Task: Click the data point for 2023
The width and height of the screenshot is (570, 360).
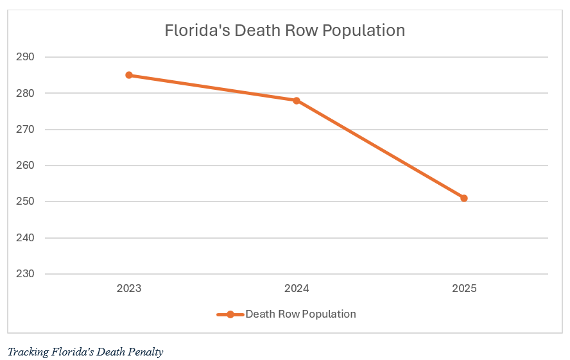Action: pyautogui.click(x=129, y=75)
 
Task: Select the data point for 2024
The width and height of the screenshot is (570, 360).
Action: pyautogui.click(x=297, y=101)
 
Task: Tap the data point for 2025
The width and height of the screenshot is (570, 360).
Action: pyautogui.click(x=464, y=198)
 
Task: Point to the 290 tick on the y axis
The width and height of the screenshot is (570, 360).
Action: pyautogui.click(x=25, y=57)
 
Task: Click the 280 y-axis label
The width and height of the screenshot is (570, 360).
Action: pyautogui.click(x=25, y=93)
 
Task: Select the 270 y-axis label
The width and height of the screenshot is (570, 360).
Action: pyautogui.click(x=25, y=129)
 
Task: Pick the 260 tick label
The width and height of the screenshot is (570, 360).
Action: pyautogui.click(x=25, y=166)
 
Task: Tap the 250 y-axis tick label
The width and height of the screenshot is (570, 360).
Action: pyautogui.click(x=25, y=201)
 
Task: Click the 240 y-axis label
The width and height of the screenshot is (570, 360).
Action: pyautogui.click(x=25, y=237)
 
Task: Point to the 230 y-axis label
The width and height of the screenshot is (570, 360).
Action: pyautogui.click(x=25, y=274)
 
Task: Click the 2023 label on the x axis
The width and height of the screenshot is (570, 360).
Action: pyautogui.click(x=129, y=289)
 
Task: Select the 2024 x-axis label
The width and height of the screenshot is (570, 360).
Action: pyautogui.click(x=297, y=289)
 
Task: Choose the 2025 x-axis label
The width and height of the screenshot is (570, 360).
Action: pyautogui.click(x=464, y=289)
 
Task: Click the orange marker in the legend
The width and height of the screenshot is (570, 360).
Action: pyautogui.click(x=230, y=314)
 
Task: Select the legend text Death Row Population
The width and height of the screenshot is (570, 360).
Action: pyautogui.click(x=300, y=314)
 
